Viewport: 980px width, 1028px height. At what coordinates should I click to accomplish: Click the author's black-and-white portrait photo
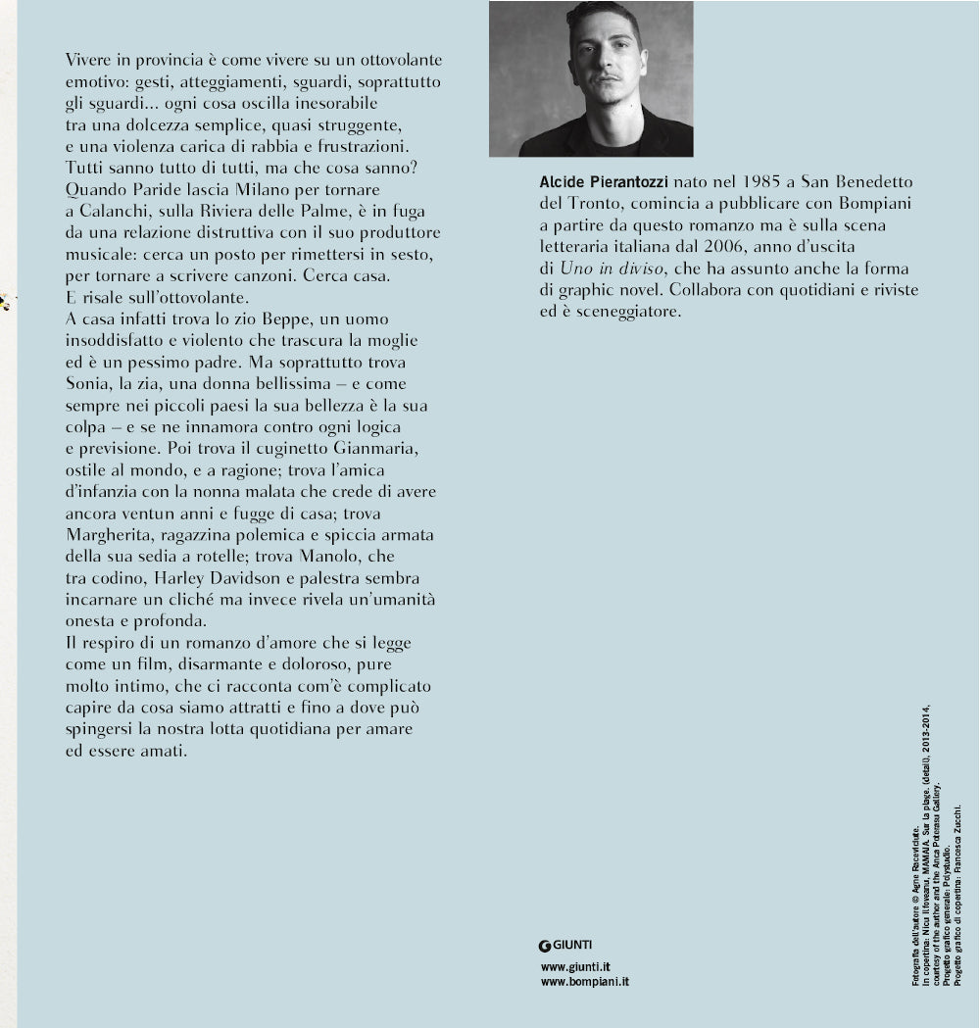591,79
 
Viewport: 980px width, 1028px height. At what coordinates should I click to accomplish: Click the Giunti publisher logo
566,945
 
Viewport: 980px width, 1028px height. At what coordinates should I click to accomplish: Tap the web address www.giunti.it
576,965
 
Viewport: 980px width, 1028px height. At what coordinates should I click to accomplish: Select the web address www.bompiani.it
585,980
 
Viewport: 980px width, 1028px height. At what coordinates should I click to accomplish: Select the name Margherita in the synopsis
106,534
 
